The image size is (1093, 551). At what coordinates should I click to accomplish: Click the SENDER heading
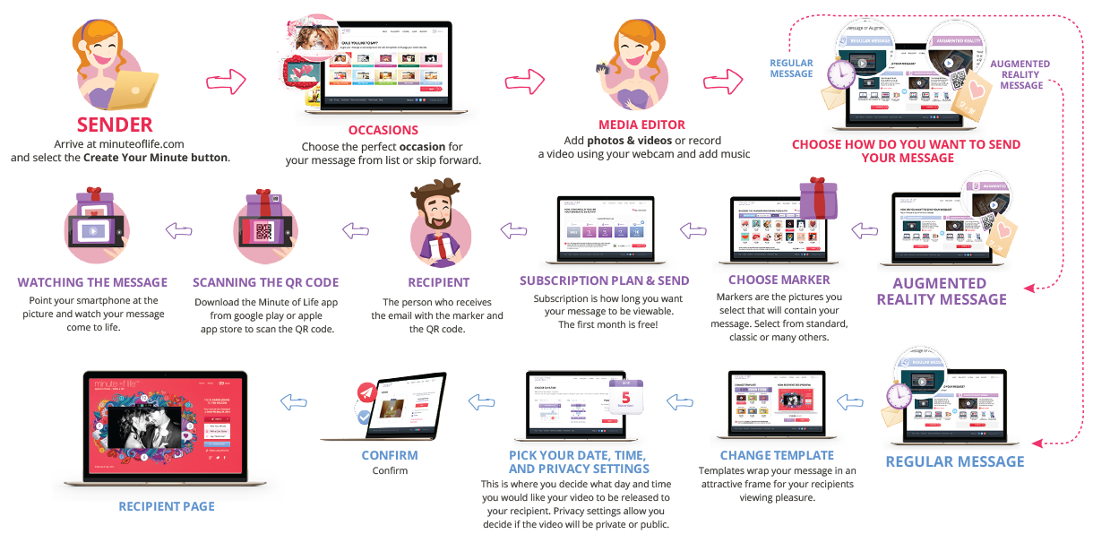pyautogui.click(x=115, y=124)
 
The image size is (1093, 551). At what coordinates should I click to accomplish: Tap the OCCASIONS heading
pyautogui.click(x=383, y=131)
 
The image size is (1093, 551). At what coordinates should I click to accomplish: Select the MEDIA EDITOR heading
pyautogui.click(x=641, y=125)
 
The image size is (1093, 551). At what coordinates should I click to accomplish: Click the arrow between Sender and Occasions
pyautogui.click(x=226, y=82)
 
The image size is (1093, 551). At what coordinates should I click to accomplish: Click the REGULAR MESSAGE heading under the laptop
pyautogui.click(x=954, y=461)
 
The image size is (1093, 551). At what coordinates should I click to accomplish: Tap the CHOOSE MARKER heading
pyautogui.click(x=779, y=280)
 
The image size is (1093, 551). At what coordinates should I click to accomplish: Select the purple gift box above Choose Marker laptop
pyautogui.click(x=817, y=198)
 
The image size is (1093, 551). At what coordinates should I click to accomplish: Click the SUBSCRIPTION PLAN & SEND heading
pyautogui.click(x=605, y=280)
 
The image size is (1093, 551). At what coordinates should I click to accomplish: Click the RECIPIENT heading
pyautogui.click(x=438, y=283)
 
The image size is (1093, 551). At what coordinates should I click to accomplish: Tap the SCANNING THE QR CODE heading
pyautogui.click(x=266, y=283)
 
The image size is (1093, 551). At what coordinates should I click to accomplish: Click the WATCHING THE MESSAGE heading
pyautogui.click(x=92, y=283)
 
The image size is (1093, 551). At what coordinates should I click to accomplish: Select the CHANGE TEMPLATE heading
pyautogui.click(x=777, y=455)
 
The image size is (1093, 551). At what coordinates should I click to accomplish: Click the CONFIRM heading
pyautogui.click(x=390, y=455)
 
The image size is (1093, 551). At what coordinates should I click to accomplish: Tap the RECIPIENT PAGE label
pyautogui.click(x=167, y=506)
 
